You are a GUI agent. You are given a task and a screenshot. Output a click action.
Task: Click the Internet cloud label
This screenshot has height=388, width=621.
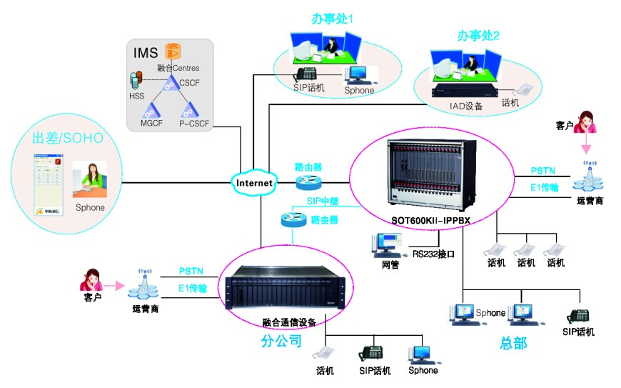coord(255,183)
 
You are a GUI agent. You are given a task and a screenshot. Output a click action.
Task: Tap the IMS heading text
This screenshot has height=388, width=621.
coord(146,53)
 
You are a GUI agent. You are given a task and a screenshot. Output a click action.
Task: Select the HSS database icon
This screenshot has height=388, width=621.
coord(135,81)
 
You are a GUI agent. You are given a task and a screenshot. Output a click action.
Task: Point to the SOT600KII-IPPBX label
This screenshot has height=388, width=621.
coord(432,219)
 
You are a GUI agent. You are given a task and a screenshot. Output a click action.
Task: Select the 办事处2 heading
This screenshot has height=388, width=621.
coord(479,34)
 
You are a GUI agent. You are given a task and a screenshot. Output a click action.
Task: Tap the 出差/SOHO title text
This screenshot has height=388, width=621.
coord(63,136)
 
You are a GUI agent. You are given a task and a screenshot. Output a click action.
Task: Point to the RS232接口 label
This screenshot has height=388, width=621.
coord(433,253)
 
